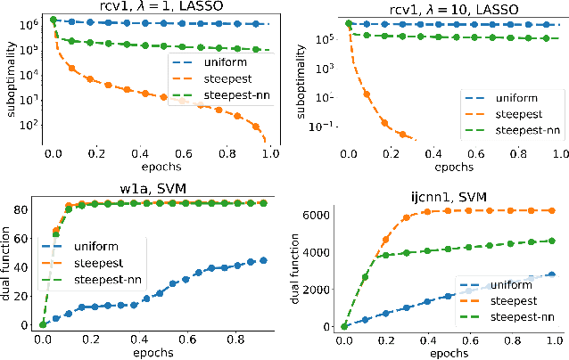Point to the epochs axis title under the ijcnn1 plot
[x=449, y=352]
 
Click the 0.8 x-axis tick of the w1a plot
[x=235, y=340]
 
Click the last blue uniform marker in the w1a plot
[x=263, y=260]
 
